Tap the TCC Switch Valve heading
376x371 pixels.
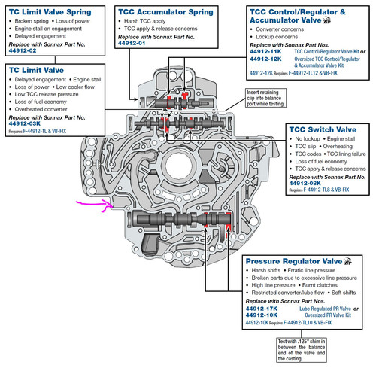point(320,129)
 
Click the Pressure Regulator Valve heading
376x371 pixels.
point(293,261)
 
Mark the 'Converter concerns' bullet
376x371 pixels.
point(284,35)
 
